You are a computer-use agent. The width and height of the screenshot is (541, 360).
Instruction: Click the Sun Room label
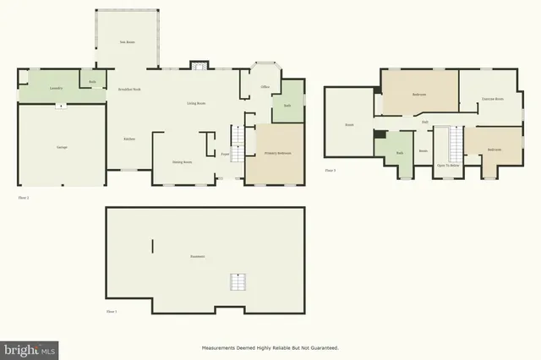pyautogui.click(x=128, y=41)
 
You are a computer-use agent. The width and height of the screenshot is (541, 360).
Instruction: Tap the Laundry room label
pyautogui.click(x=56, y=88)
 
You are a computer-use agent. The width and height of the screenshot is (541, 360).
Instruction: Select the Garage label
pyautogui.click(x=62, y=148)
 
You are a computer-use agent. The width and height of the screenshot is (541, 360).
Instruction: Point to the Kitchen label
pyautogui.click(x=129, y=139)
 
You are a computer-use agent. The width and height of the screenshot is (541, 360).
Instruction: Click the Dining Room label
pyautogui.click(x=182, y=161)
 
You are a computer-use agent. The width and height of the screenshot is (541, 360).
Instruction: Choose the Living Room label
pyautogui.click(x=196, y=104)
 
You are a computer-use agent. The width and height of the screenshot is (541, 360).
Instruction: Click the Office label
pyautogui.click(x=265, y=86)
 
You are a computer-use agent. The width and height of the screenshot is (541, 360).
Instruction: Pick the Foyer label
pyautogui.click(x=226, y=155)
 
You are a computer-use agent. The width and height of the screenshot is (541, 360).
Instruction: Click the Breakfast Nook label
pyautogui.click(x=129, y=89)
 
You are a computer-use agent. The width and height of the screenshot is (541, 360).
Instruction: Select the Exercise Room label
pyautogui.click(x=493, y=100)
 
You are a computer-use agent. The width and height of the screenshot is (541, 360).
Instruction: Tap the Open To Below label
pyautogui.click(x=448, y=166)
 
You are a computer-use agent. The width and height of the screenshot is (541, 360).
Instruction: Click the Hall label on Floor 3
pyautogui.click(x=424, y=123)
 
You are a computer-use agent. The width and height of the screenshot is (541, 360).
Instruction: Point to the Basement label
pyautogui.click(x=198, y=256)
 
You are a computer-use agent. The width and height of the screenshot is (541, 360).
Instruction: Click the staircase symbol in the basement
pyautogui.click(x=239, y=282)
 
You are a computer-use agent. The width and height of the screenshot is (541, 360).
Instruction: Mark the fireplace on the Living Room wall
pyautogui.click(x=199, y=66)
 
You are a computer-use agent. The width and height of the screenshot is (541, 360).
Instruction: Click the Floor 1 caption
pyautogui.click(x=111, y=312)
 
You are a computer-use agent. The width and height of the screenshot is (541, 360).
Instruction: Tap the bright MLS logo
pyautogui.click(x=30, y=348)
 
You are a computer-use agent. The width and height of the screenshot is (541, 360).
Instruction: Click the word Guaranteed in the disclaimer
pyautogui.click(x=321, y=348)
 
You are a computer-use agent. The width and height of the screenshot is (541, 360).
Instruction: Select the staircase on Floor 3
pyautogui.click(x=457, y=143)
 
